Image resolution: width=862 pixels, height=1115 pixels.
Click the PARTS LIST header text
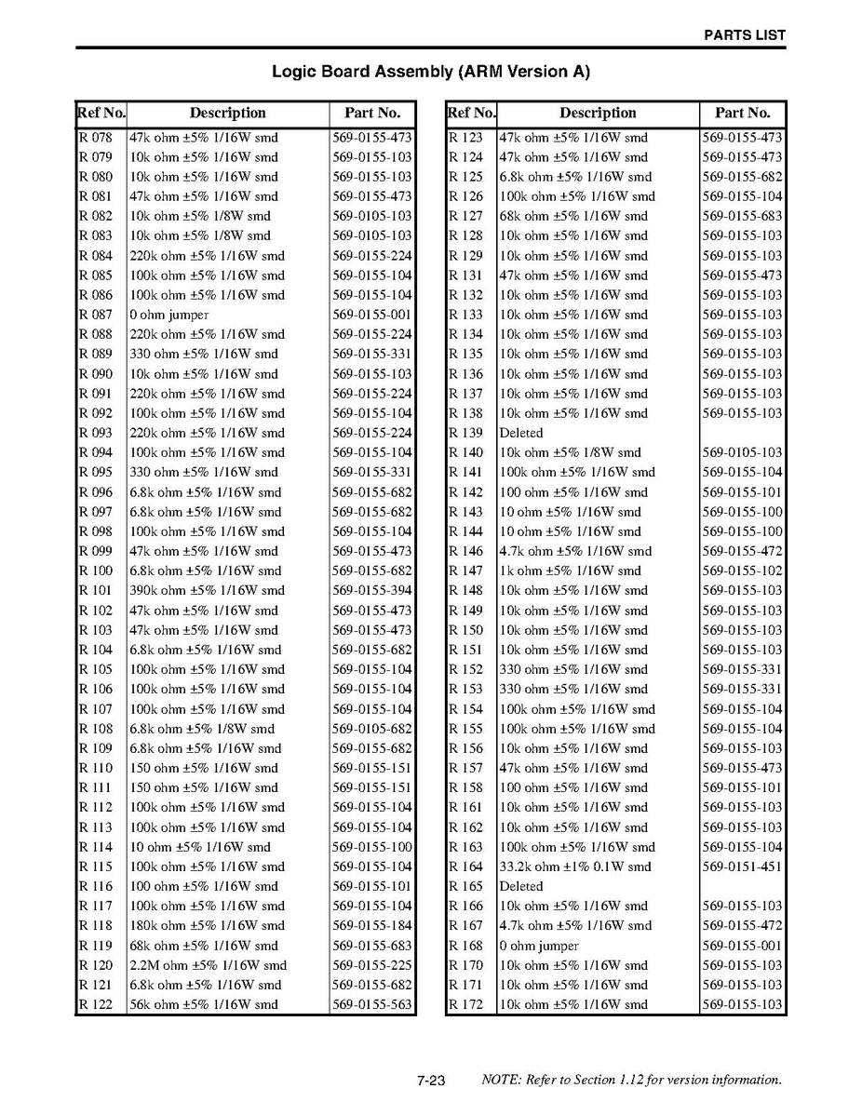[x=744, y=35]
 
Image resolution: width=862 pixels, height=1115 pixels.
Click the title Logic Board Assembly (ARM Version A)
[x=430, y=72]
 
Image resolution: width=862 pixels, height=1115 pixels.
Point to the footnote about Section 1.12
[x=631, y=1081]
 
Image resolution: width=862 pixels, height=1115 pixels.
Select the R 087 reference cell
[x=96, y=315]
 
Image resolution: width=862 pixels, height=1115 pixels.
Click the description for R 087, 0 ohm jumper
[x=168, y=315]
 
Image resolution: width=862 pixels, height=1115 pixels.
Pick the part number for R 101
[x=371, y=590]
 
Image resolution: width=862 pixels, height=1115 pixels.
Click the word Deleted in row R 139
[x=521, y=433]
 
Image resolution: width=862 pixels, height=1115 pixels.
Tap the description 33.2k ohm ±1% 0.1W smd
[x=575, y=866]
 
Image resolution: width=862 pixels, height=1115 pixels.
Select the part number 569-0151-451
[x=742, y=866]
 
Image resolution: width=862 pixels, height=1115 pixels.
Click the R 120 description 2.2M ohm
[x=208, y=965]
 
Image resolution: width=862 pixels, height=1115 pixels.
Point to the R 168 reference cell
[x=466, y=946]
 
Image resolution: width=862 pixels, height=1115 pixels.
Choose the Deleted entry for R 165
[x=521, y=886]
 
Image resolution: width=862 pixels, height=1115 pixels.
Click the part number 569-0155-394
[x=371, y=590]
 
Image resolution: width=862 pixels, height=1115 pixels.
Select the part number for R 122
[x=371, y=1004]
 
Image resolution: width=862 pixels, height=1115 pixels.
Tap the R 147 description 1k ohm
[x=570, y=571]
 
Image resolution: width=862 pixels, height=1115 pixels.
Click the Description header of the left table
[x=227, y=113]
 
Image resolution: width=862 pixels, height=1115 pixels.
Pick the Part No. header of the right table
[x=742, y=113]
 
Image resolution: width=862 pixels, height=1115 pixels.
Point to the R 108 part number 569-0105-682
[x=371, y=729]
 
